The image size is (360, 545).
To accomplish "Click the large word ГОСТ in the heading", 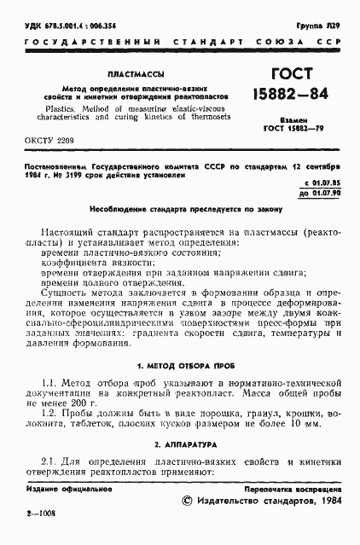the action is (282, 78).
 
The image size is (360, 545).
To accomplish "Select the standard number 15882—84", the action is (282, 100).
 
